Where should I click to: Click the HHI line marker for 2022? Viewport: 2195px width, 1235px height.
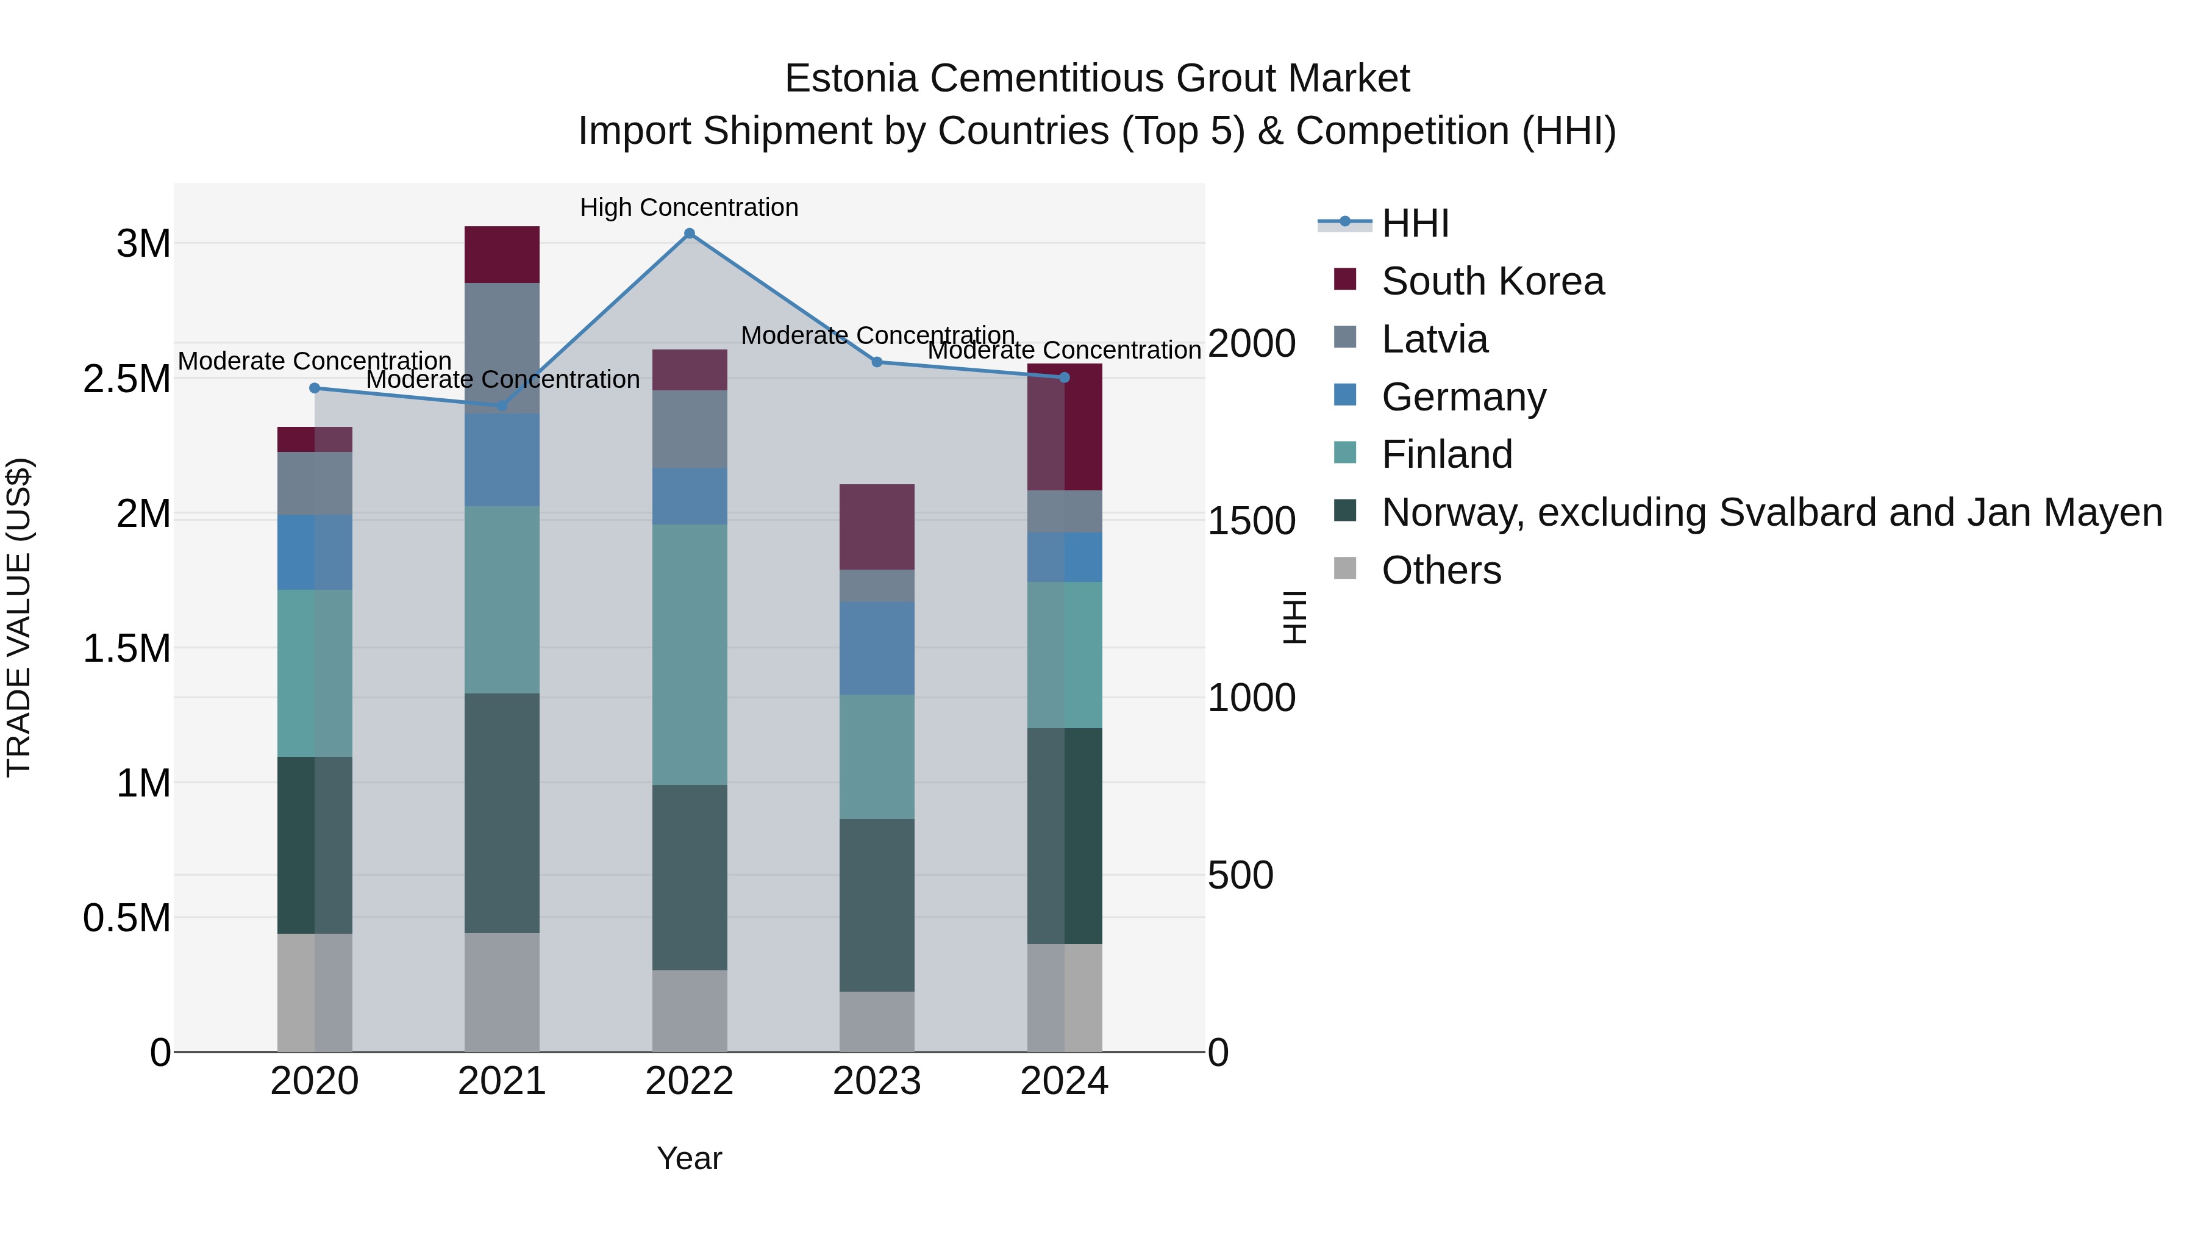pyautogui.click(x=690, y=234)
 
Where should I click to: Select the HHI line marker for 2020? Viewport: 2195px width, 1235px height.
pyautogui.click(x=315, y=388)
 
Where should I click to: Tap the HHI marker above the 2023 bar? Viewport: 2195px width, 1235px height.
pyautogui.click(x=877, y=362)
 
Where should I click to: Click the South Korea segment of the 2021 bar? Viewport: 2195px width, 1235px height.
pyautogui.click(x=502, y=254)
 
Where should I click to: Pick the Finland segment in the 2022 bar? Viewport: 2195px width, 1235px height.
pyautogui.click(x=690, y=654)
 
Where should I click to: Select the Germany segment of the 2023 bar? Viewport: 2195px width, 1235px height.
pyautogui.click(x=877, y=648)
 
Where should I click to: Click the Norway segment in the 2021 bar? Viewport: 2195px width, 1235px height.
pyautogui.click(x=502, y=812)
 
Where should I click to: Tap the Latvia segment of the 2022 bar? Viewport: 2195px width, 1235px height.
pyautogui.click(x=690, y=429)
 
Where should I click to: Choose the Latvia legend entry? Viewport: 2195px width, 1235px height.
pyautogui.click(x=1434, y=339)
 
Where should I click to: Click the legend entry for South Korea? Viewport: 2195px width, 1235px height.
pyautogui.click(x=1492, y=281)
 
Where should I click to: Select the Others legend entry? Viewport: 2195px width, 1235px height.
pyautogui.click(x=1441, y=570)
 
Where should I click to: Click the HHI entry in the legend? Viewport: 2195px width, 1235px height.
pyautogui.click(x=1415, y=223)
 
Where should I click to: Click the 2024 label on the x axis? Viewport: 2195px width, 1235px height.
pyautogui.click(x=1064, y=1081)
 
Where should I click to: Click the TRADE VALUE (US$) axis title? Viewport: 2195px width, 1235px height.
pyautogui.click(x=19, y=617)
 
